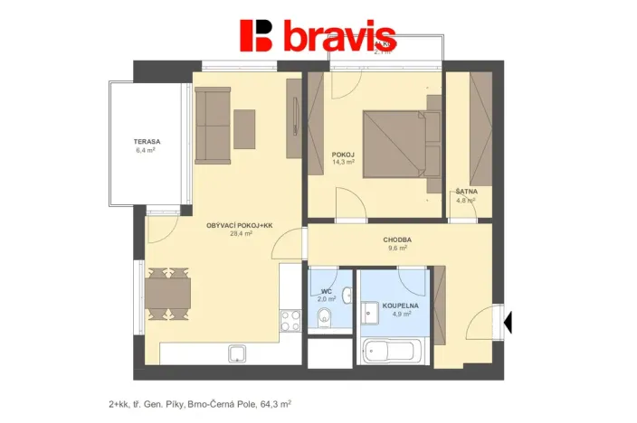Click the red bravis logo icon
click(x=256, y=35)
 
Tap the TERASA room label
click(x=147, y=142)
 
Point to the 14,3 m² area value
click(x=343, y=163)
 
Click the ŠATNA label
click(x=467, y=192)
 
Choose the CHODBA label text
click(x=398, y=240)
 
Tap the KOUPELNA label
click(x=400, y=306)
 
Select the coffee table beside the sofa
click(x=245, y=128)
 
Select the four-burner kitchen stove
click(x=291, y=320)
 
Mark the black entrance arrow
click(x=508, y=319)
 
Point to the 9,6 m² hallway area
click(x=398, y=248)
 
